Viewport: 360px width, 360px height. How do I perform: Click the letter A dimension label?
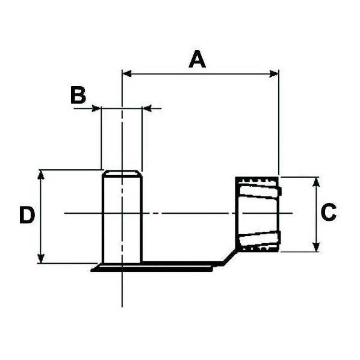point(197,60)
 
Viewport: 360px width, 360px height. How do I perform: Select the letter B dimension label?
point(78,95)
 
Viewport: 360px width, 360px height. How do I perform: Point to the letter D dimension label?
point(26,216)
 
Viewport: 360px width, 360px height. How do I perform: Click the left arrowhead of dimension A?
point(126,74)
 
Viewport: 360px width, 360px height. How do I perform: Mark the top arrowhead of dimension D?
point(42,174)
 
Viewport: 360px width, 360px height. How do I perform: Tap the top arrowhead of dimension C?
point(316,181)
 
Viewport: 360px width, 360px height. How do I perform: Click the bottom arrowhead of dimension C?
point(316,247)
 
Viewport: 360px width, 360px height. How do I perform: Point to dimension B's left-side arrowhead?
point(96,108)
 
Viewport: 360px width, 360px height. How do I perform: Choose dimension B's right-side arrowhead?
point(146,108)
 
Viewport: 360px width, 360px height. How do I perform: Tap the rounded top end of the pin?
point(122,173)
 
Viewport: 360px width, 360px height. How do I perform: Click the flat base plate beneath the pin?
point(157,266)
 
